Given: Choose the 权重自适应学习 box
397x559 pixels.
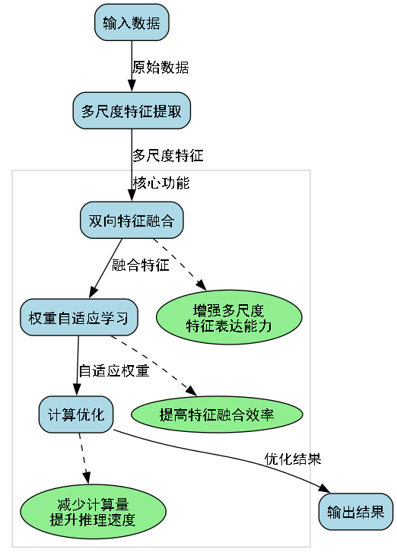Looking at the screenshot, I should (78, 317).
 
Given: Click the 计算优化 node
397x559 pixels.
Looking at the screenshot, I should (76, 414).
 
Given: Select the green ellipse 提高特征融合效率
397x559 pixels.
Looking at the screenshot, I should (217, 414).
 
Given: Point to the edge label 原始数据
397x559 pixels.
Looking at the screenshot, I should (160, 67).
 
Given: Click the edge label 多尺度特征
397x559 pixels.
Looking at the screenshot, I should (168, 156).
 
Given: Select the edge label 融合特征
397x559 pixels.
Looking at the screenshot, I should (140, 265).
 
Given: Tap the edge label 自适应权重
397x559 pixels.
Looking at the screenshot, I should (113, 372).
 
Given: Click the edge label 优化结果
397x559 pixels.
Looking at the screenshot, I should (292, 459).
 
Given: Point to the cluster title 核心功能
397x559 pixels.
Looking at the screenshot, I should (161, 183).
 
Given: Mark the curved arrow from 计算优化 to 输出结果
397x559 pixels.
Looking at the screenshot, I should (228, 455).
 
